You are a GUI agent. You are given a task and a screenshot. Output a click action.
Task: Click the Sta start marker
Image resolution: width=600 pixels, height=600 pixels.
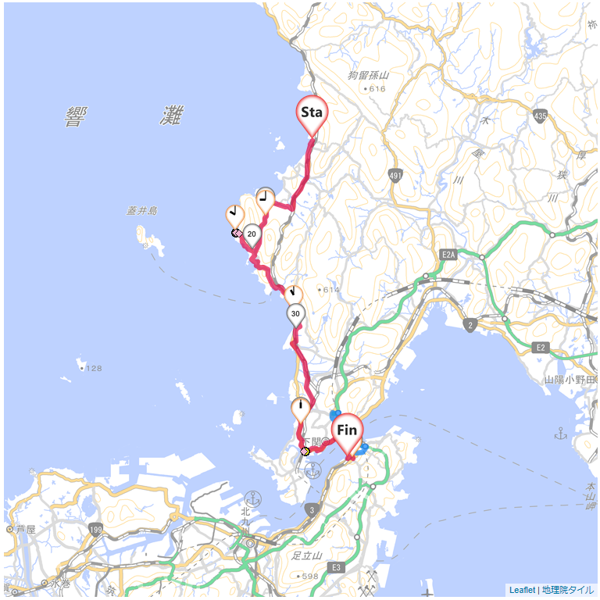coord(312,112)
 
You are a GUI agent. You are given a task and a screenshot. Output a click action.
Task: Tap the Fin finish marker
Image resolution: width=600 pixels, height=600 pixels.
coord(347,430)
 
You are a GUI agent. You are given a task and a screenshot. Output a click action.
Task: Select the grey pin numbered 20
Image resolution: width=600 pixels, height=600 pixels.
coord(252,234)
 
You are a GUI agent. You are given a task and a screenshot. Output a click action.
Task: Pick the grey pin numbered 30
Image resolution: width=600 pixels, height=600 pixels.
coord(295,314)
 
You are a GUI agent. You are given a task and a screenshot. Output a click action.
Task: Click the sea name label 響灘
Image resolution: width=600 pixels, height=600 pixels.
coord(125,116)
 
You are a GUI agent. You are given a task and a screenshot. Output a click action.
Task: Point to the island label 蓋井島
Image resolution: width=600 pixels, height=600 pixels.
coord(142,211)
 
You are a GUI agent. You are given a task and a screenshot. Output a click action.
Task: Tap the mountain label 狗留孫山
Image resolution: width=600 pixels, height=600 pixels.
coord(368,76)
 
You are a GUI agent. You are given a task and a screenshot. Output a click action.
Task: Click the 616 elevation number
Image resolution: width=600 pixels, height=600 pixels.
coord(377,89)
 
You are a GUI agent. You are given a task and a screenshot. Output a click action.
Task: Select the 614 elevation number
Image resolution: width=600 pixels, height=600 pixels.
coord(330,290)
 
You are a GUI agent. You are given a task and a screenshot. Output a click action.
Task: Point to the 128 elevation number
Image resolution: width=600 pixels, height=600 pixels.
coord(94,368)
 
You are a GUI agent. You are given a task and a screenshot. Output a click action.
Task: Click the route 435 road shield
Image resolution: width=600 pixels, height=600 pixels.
coord(540,116)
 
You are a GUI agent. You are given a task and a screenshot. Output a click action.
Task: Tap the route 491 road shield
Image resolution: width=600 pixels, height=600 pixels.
coord(395,176)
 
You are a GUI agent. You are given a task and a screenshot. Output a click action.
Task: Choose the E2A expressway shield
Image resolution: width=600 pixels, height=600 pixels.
coord(448,255)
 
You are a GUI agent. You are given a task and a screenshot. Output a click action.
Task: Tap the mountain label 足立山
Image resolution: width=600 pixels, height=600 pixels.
coord(307,556)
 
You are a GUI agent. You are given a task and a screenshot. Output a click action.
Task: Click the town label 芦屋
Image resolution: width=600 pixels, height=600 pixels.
coord(25,529)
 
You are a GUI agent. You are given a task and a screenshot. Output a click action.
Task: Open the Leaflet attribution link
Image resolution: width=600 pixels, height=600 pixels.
coord(522,591)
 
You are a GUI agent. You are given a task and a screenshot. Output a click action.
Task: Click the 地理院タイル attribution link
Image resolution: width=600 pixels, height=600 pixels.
coord(568,591)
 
